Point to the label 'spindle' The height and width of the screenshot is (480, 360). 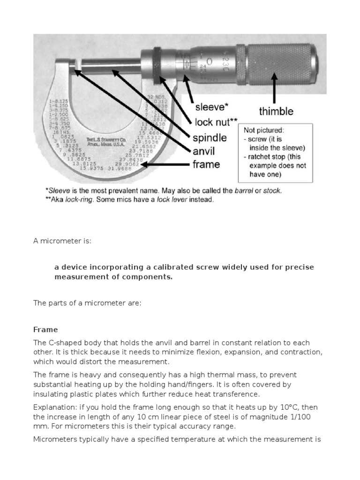click(210, 138)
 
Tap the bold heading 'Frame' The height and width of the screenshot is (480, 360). click(45, 330)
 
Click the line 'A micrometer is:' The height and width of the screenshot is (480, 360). click(62, 241)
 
